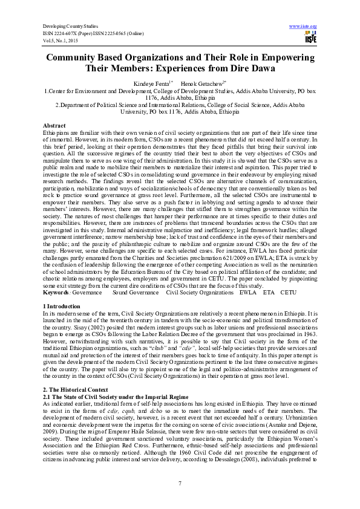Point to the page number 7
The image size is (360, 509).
(180, 481)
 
